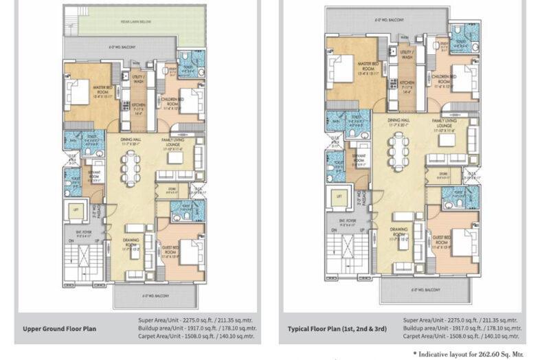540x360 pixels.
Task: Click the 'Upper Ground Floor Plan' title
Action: coord(60,328)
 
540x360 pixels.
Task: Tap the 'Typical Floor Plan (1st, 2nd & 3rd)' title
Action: coord(337,329)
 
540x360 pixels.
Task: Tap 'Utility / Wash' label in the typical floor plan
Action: coord(407,55)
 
